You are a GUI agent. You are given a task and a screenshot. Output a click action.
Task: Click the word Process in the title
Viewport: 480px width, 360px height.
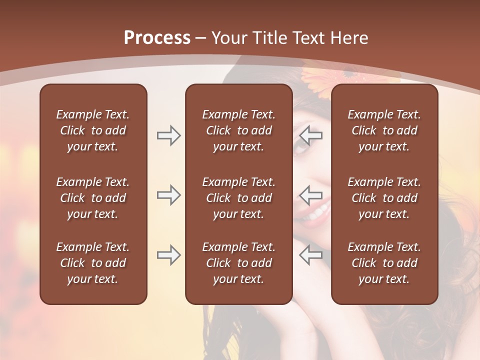(157, 38)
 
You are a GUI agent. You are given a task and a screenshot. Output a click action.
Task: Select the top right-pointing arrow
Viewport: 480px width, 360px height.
(168, 135)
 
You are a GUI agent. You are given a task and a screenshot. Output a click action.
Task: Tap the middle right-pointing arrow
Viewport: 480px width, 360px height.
(168, 195)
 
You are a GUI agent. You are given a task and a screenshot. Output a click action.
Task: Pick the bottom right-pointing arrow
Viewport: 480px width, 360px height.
(168, 255)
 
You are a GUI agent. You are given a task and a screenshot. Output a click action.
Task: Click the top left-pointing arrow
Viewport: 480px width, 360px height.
(311, 135)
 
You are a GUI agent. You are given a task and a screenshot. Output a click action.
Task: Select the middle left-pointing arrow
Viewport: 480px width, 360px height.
(311, 195)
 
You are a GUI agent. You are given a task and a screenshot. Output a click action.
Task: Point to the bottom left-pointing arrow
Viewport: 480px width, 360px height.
(311, 255)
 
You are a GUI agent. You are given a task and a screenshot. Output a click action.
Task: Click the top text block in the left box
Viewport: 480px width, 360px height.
(93, 130)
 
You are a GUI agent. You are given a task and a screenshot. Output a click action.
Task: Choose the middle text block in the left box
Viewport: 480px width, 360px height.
(93, 198)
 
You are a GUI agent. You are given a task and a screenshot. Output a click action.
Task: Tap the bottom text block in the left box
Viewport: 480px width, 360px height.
(93, 263)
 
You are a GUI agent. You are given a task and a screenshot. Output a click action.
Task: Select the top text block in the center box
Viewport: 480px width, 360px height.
(238, 130)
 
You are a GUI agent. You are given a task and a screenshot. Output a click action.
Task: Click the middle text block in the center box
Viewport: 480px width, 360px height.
(238, 198)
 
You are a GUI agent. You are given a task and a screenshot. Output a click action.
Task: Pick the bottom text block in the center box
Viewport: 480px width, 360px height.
(238, 263)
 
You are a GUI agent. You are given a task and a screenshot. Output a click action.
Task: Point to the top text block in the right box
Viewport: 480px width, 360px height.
(384, 130)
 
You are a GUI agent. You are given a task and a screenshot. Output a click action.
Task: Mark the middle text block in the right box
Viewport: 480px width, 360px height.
(384, 198)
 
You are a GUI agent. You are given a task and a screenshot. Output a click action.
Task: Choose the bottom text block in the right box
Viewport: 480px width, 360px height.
(384, 263)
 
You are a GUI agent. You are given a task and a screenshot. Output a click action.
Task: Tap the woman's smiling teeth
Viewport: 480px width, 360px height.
(318, 213)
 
